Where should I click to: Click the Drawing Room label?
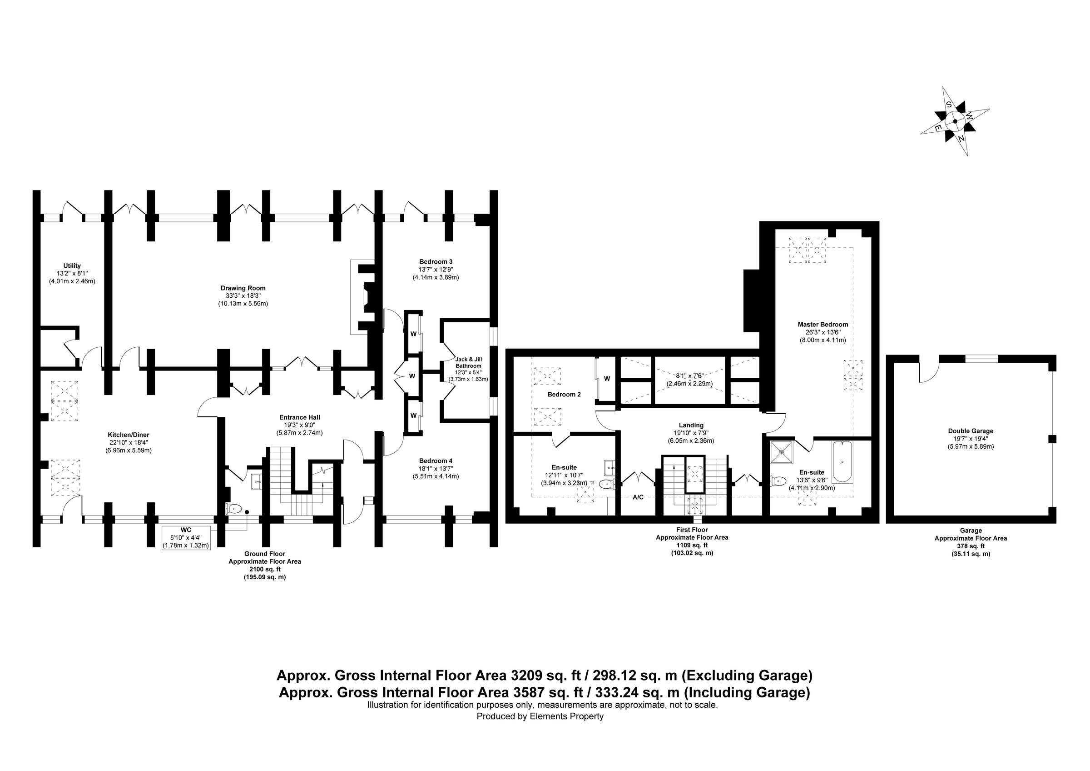(x=243, y=288)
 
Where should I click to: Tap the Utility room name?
(x=72, y=265)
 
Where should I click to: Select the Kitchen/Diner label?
(x=128, y=435)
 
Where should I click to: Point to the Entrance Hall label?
(x=300, y=418)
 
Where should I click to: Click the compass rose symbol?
(x=955, y=121)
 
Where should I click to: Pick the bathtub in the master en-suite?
(x=842, y=462)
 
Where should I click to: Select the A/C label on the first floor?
(x=638, y=497)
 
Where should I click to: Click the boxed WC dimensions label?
(x=186, y=538)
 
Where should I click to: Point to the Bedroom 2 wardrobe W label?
(x=607, y=379)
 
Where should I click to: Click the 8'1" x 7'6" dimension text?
(x=690, y=375)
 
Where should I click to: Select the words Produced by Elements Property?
(x=540, y=716)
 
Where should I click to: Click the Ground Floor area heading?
(x=264, y=553)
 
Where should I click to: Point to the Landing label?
(x=691, y=425)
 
